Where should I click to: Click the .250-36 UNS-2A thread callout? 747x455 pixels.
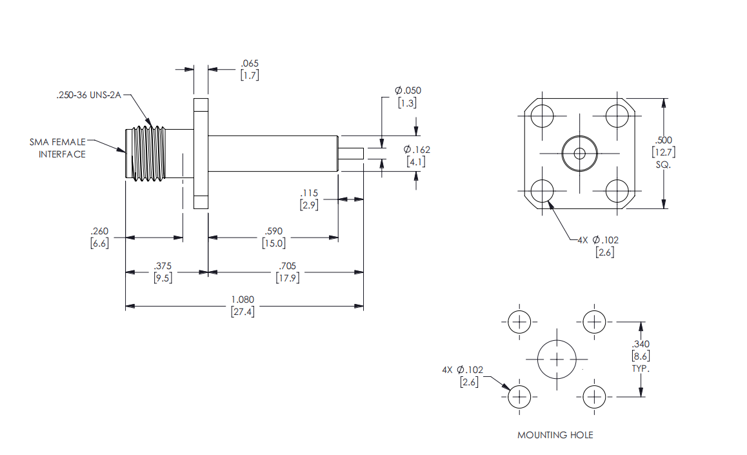88,95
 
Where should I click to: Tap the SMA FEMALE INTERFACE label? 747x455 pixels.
57,148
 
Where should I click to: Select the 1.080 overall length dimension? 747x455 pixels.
243,305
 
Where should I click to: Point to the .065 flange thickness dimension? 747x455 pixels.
250,69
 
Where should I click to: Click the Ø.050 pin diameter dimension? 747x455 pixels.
407,96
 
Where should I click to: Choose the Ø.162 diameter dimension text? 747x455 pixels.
416,156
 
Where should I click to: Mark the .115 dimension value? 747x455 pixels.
309,199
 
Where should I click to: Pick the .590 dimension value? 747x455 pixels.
274,237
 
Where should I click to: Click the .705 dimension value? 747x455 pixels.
287,272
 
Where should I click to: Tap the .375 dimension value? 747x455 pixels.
163,272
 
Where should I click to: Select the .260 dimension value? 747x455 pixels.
99,237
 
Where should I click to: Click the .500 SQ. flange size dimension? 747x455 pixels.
663,152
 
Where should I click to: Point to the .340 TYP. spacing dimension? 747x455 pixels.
641,356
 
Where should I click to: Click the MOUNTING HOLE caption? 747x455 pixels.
555,435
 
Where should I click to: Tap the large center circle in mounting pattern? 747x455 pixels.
557,340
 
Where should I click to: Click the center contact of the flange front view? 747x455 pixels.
579,154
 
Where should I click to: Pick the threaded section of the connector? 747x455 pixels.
147,154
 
